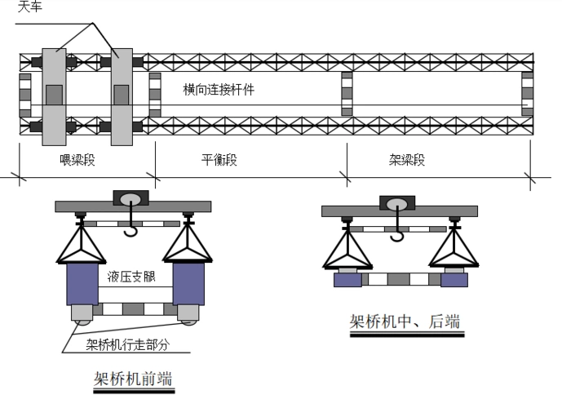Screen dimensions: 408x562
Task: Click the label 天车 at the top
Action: coord(30,7)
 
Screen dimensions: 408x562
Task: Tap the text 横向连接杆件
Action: coord(219,90)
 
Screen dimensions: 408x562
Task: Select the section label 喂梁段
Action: coord(78,160)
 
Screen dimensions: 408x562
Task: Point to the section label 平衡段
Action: coord(219,160)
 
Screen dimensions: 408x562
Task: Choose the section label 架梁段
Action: coord(407,160)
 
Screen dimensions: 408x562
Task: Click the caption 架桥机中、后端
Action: coord(405,322)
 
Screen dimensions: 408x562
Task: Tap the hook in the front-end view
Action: coord(131,230)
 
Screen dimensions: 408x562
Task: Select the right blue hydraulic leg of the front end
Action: coord(188,282)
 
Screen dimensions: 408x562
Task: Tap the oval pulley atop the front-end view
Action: coord(131,198)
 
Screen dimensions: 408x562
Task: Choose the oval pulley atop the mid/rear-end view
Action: coord(397,204)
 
